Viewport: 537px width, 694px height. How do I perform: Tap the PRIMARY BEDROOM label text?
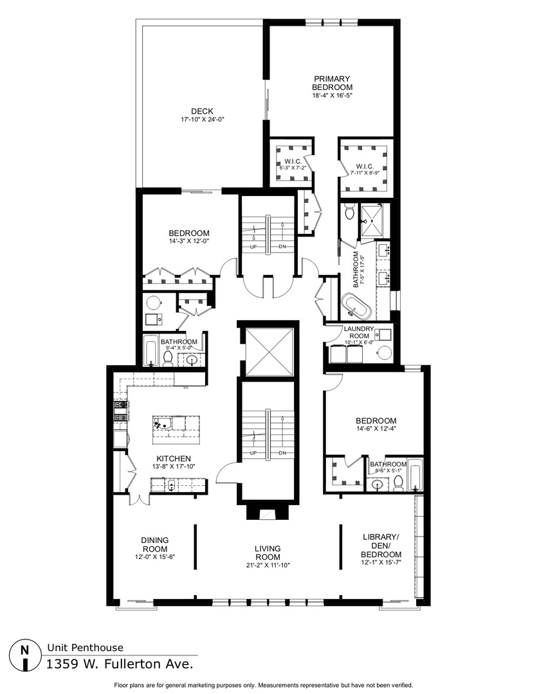pyautogui.click(x=332, y=83)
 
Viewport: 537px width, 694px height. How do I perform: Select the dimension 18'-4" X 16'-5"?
pyautogui.click(x=332, y=96)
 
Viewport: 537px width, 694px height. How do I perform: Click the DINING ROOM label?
pyautogui.click(x=154, y=544)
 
